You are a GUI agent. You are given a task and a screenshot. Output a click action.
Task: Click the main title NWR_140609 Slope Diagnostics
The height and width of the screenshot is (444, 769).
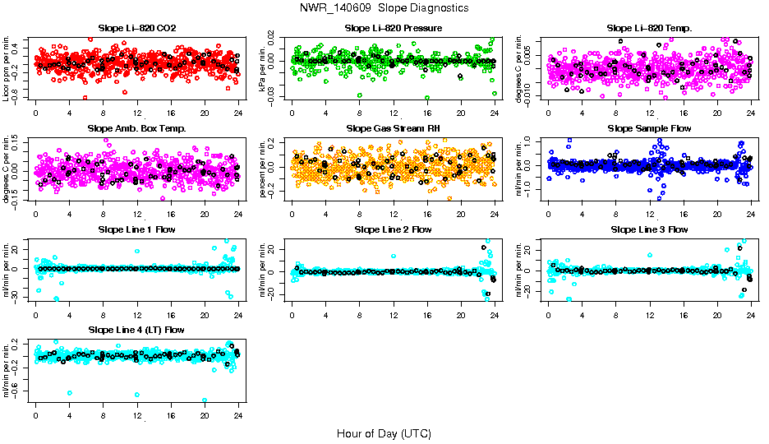coord(384,7)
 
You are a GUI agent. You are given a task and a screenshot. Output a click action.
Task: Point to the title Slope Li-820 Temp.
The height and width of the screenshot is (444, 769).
coord(650,28)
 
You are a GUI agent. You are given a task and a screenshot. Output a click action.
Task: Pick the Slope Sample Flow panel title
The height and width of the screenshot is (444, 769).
coord(650,128)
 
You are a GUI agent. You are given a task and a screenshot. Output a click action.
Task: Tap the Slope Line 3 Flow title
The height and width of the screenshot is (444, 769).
coord(650,229)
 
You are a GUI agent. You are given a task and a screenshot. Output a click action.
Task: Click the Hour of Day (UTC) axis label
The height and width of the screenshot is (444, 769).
coord(384,432)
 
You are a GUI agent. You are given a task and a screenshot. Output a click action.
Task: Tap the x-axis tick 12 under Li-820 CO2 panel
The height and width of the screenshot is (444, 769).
coord(137,113)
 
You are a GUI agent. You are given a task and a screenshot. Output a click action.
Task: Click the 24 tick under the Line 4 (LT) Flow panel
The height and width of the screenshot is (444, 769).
coord(238,415)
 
